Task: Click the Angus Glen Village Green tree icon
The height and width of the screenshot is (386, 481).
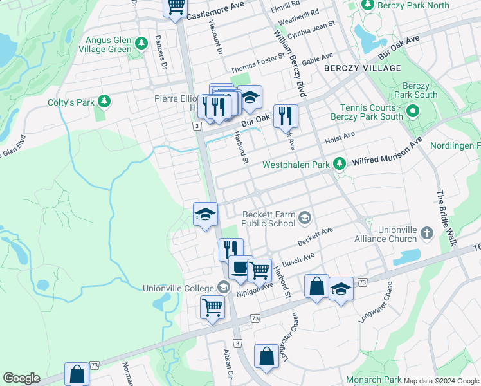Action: tap(141, 44)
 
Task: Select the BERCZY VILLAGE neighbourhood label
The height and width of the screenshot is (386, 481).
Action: tap(362, 68)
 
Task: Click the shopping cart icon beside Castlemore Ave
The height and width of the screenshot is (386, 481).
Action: tap(175, 8)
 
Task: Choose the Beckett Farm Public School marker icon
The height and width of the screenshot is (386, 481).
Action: tap(305, 219)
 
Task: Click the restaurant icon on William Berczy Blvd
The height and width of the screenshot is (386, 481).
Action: tap(286, 116)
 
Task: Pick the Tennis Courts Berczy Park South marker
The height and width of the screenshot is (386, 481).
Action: tap(412, 113)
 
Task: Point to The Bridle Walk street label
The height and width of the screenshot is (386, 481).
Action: tap(446, 218)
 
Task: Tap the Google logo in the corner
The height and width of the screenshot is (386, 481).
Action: tap(21, 378)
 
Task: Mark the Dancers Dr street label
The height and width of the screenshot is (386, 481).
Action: tap(160, 52)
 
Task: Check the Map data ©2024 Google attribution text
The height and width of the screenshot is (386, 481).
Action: tap(441, 381)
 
